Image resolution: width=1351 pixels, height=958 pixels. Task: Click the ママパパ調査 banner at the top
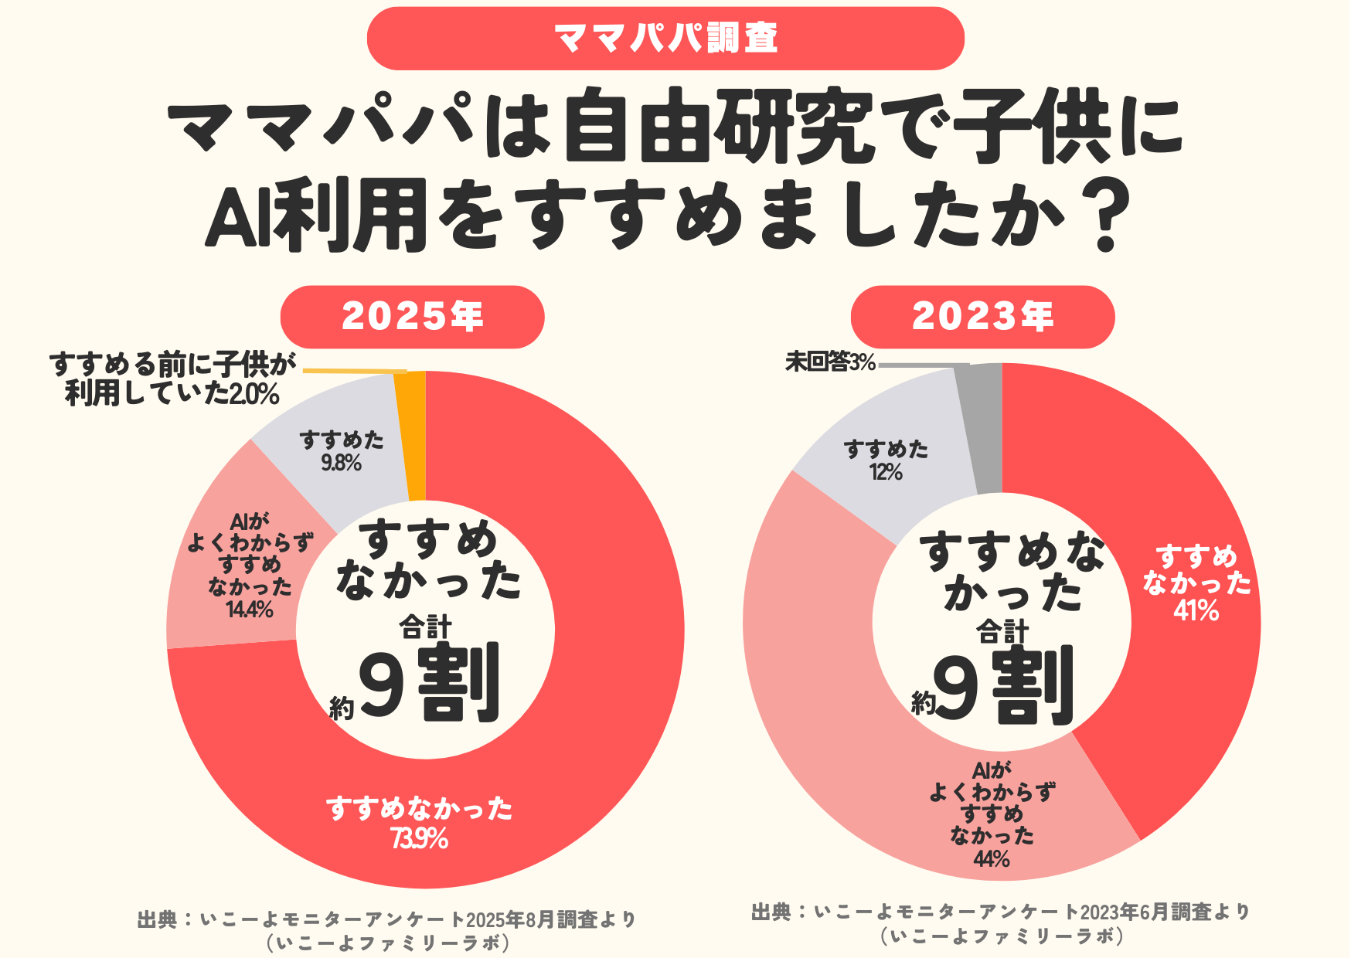(665, 38)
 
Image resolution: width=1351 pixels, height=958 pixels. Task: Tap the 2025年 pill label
(412, 317)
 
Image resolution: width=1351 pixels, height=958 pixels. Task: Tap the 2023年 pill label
(982, 317)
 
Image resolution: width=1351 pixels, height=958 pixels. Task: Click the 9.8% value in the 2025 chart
(342, 464)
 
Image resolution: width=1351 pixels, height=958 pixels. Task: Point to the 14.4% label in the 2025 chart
(250, 610)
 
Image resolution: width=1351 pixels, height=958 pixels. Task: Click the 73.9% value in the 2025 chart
(420, 839)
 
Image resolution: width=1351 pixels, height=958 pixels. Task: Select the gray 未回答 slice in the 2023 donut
(983, 429)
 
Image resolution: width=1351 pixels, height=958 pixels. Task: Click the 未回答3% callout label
(830, 362)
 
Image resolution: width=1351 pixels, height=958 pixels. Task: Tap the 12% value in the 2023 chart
(886, 472)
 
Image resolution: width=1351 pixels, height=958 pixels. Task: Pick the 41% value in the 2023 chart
(1196, 612)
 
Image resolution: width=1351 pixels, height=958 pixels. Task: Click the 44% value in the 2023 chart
(992, 859)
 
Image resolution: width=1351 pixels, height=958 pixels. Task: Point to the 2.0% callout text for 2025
(254, 395)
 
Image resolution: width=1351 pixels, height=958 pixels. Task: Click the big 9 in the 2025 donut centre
(382, 684)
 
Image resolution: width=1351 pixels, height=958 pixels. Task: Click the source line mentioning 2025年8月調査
(386, 919)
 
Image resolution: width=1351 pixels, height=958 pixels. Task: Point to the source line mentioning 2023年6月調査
(1001, 912)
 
